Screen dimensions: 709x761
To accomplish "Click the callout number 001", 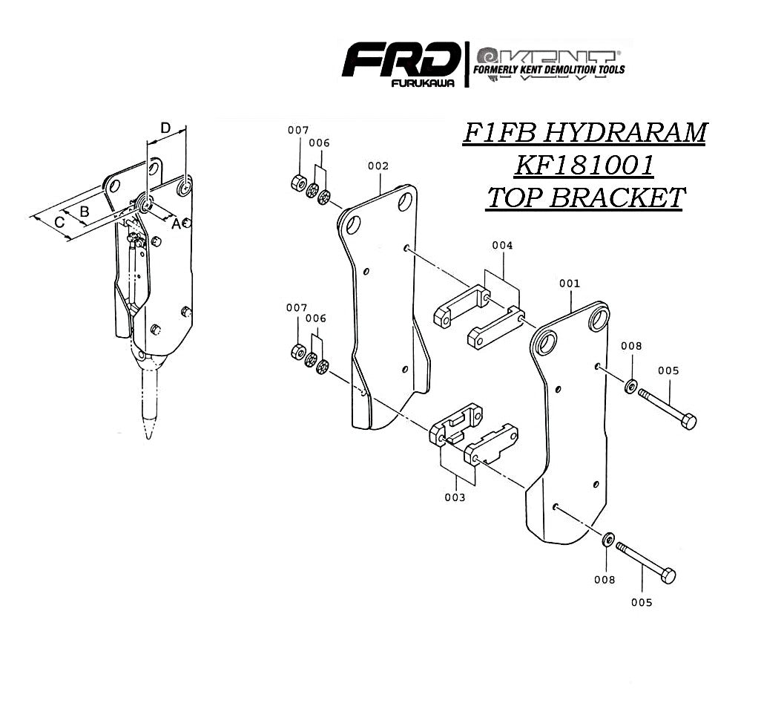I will tap(570, 284).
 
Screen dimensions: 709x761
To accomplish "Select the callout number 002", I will tap(378, 166).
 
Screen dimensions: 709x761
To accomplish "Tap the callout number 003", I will tap(455, 497).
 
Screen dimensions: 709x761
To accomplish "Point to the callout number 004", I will tap(502, 245).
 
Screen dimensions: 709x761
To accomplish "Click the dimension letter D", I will tap(166, 128).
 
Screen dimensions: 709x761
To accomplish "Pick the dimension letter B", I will tap(85, 212).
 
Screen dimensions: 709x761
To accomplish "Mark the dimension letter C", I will tap(60, 222).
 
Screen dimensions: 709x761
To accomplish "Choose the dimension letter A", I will tap(176, 223).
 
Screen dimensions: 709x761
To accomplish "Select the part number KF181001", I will tap(584, 166).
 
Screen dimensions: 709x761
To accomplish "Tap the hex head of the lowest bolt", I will tap(668, 575).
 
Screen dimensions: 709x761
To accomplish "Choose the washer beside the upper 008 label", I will tap(630, 386).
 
